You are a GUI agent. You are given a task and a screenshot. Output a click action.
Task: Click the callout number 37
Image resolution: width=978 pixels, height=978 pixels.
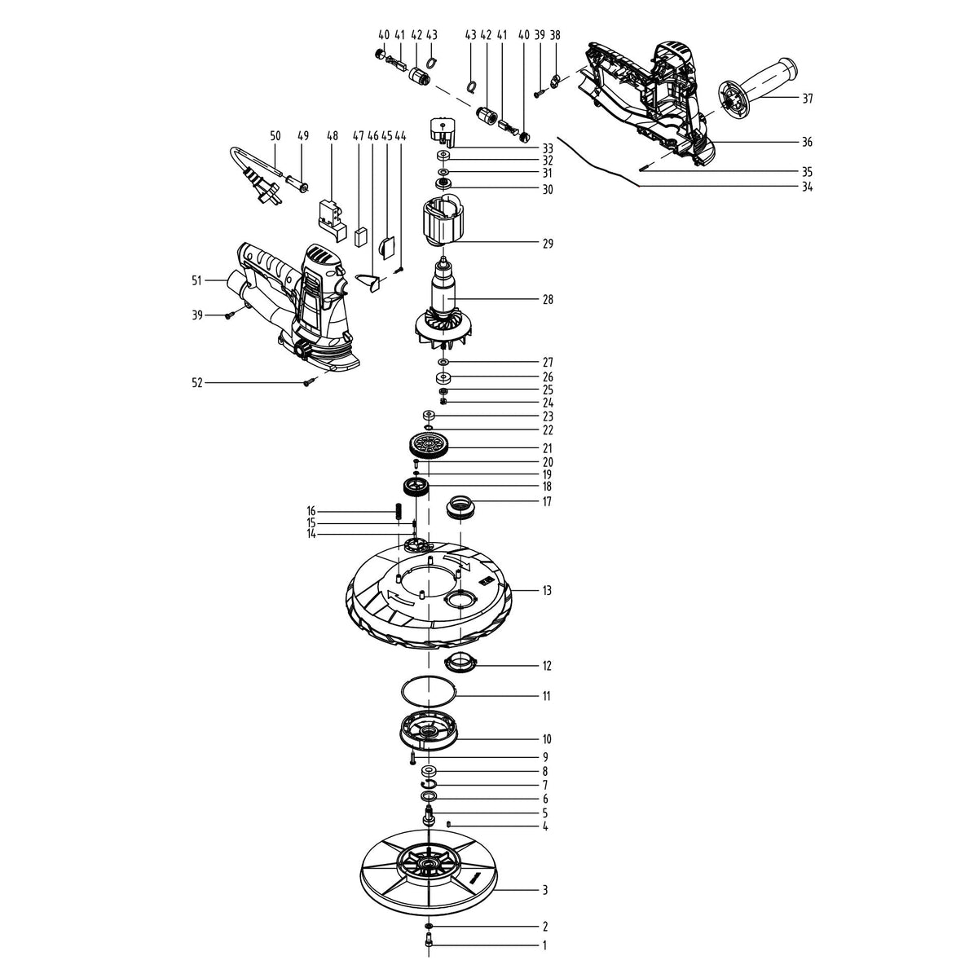pyautogui.click(x=807, y=99)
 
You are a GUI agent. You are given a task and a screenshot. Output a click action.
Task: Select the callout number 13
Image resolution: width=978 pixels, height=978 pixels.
pyautogui.click(x=547, y=590)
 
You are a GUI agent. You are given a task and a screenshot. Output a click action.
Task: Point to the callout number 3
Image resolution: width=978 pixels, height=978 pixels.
pyautogui.click(x=545, y=890)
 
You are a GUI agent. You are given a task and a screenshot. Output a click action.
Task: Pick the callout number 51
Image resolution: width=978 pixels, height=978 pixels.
pyautogui.click(x=196, y=280)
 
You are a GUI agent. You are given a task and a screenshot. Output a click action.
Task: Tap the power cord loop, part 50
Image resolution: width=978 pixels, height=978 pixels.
pyautogui.click(x=244, y=167)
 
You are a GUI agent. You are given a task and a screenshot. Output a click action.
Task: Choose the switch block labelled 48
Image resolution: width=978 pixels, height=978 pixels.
pyautogui.click(x=330, y=214)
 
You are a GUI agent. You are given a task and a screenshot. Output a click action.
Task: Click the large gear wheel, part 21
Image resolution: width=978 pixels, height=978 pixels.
pyautogui.click(x=430, y=446)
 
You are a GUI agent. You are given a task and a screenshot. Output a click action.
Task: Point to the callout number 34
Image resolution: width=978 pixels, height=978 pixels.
pyautogui.click(x=807, y=187)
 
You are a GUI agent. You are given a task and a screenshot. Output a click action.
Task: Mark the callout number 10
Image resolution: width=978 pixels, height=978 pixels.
pyautogui.click(x=547, y=739)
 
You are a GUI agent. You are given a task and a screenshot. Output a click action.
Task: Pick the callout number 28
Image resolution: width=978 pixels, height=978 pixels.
pyautogui.click(x=547, y=299)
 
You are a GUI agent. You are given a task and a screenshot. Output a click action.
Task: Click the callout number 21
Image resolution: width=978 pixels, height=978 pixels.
pyautogui.click(x=547, y=448)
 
